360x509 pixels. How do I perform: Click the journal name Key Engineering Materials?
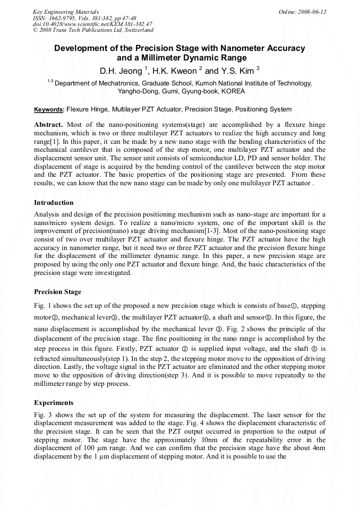tap(65, 12)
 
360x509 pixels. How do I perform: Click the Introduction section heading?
tap(54, 203)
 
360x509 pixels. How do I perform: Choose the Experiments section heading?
tap(54, 403)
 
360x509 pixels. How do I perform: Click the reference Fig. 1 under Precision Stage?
tap(43, 306)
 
